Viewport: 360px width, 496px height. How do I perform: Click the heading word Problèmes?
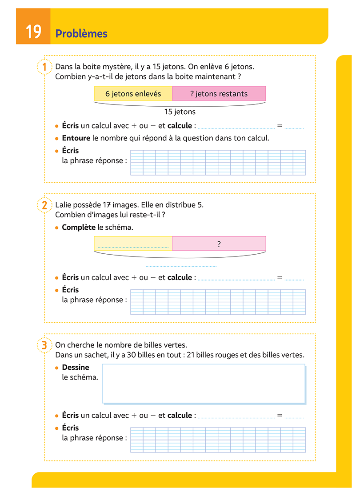(81, 34)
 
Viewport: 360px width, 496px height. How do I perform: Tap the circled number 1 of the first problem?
(44, 67)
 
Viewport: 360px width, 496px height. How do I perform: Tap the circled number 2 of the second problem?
(44, 205)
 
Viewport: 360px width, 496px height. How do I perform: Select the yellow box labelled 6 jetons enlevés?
(133, 94)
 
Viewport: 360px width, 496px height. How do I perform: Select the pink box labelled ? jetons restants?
(219, 94)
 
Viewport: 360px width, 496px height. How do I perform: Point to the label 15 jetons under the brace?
(180, 112)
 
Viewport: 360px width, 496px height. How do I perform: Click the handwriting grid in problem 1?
(218, 163)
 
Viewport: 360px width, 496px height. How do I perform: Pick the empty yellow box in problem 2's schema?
(133, 244)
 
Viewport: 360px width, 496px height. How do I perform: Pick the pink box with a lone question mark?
(219, 244)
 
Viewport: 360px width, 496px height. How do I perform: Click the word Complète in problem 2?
(79, 228)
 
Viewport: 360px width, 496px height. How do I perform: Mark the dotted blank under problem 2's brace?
(181, 265)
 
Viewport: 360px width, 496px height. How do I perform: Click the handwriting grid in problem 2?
(218, 302)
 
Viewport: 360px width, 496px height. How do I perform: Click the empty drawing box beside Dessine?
(204, 384)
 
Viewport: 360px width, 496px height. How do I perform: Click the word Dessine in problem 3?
(76, 368)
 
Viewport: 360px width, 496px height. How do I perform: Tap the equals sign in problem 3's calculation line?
(280, 416)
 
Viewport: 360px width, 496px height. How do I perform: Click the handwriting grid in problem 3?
(218, 440)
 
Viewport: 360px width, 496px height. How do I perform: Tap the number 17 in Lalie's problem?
(107, 205)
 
